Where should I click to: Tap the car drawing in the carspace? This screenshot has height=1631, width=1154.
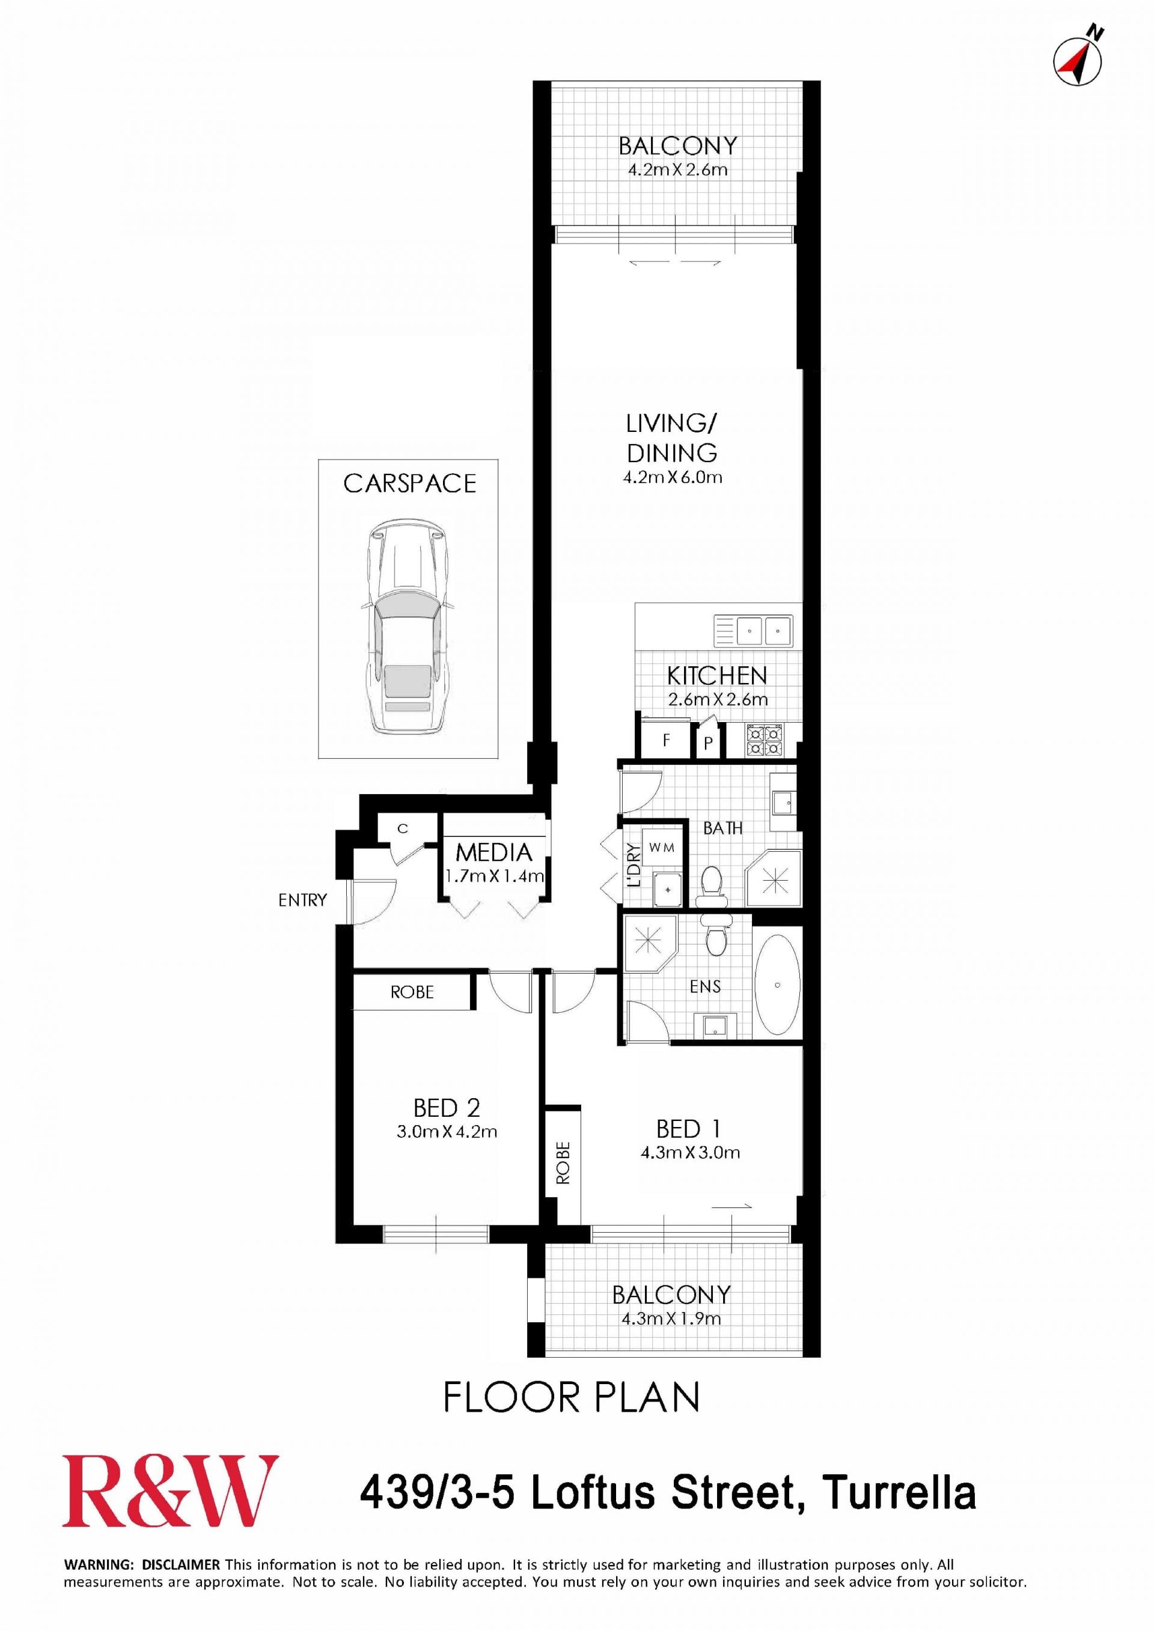tap(407, 626)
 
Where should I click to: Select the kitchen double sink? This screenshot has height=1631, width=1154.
tap(753, 630)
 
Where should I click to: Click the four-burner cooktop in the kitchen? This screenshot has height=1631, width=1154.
tap(763, 740)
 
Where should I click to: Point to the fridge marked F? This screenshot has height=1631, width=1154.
tap(666, 740)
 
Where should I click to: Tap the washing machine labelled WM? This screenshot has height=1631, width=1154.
tap(662, 848)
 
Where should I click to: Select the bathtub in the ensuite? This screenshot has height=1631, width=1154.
tap(777, 985)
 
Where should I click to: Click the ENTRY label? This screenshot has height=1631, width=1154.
tap(303, 900)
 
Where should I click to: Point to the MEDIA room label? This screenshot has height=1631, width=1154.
tap(494, 852)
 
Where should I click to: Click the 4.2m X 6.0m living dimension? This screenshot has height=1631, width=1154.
tap(672, 478)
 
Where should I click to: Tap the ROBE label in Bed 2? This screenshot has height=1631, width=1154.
tap(412, 992)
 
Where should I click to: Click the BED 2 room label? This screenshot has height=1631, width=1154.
tap(446, 1108)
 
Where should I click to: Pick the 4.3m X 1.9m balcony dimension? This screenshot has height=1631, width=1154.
tap(671, 1319)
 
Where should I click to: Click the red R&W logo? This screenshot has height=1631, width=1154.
tap(170, 1491)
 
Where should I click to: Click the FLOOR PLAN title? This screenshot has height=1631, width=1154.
tap(572, 1397)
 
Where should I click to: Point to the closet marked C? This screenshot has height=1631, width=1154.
tap(402, 828)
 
